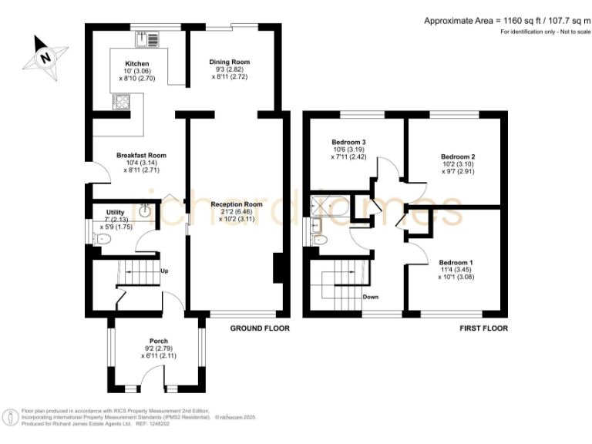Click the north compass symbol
(45, 58)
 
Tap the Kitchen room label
(136, 63)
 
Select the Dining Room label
(230, 62)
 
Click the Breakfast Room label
(141, 156)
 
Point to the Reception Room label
(237, 204)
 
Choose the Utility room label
(104, 212)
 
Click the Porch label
(159, 341)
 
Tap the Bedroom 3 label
(348, 143)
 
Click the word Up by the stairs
(164, 271)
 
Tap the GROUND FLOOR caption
(260, 328)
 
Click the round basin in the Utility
(145, 208)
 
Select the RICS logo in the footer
(11, 417)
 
